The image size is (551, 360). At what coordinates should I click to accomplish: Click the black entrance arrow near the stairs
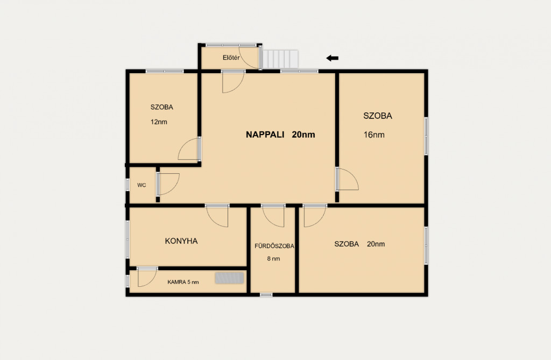point(332,58)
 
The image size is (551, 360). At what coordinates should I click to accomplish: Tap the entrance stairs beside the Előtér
point(280,59)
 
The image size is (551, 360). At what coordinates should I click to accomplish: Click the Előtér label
point(231,58)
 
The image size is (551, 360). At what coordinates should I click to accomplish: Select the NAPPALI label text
point(265,135)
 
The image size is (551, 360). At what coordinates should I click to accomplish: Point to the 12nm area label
point(159,122)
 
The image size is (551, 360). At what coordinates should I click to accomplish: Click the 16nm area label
point(374,135)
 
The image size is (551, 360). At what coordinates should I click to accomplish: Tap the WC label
point(142,185)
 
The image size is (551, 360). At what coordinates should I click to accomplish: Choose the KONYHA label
point(181,241)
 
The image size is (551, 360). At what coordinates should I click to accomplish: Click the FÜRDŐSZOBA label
point(274,246)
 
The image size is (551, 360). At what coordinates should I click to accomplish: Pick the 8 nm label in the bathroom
point(274,259)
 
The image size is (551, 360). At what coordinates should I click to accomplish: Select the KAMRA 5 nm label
point(183,282)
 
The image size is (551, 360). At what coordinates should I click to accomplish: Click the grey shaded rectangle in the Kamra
point(229,278)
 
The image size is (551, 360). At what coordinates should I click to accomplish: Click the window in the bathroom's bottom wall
point(266,294)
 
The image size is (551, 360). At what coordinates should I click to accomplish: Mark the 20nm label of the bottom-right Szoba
point(376,244)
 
